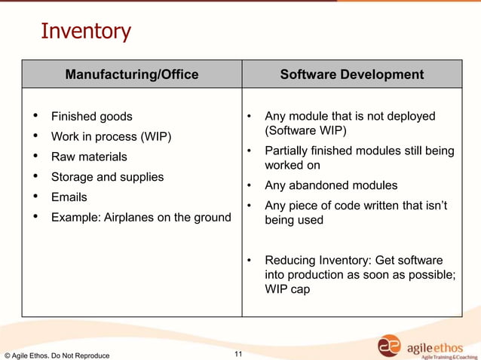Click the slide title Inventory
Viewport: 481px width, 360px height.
85,32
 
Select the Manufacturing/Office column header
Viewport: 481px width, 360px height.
132,75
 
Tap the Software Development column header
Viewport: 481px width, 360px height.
351,75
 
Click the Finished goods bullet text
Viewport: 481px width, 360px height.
91,117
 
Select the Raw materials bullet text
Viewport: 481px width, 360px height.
89,157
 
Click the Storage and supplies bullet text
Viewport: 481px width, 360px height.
107,177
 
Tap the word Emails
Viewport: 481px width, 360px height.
69,197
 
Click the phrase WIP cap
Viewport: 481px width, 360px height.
287,289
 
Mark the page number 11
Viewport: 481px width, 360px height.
239,354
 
